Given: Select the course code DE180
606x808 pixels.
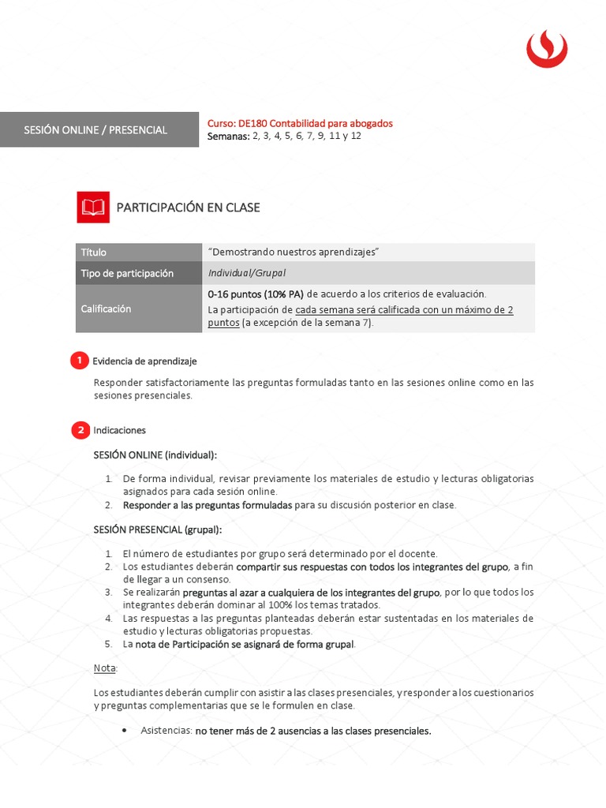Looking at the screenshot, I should click(253, 123).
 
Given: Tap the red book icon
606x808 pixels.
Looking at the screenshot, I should click(93, 207).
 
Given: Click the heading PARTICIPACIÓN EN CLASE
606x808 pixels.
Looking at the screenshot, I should click(188, 208).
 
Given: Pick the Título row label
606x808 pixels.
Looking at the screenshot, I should click(93, 252).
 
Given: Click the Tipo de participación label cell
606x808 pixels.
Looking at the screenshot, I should click(126, 273).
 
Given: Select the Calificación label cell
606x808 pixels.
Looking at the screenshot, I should click(106, 309).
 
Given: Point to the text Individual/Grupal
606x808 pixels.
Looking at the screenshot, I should click(247, 273).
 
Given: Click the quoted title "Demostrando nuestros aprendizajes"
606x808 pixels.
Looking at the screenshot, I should click(294, 252).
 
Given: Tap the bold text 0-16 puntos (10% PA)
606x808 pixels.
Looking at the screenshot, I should click(256, 294).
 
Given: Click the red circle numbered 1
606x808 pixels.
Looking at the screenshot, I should click(79, 361).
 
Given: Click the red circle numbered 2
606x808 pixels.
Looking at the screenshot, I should click(79, 430).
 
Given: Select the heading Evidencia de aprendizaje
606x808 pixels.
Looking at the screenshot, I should click(144, 361).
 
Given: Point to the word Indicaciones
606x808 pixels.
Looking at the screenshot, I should click(119, 430).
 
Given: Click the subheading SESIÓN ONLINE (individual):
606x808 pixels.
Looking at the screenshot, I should click(155, 455).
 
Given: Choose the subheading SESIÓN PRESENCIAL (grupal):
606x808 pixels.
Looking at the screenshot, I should click(158, 529).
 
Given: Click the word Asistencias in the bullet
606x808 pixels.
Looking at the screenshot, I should click(165, 731).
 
